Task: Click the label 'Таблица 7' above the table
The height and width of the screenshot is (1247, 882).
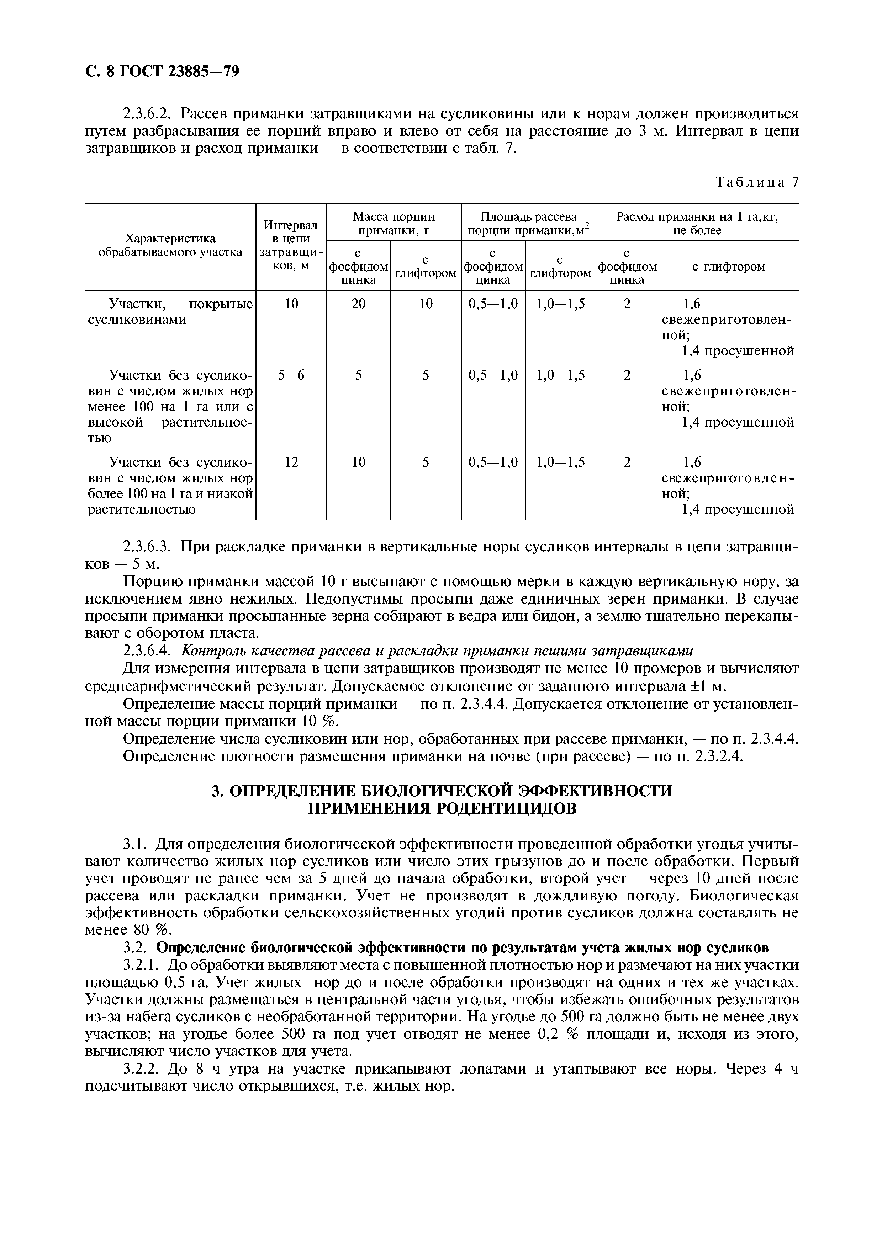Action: pyautogui.click(x=757, y=182)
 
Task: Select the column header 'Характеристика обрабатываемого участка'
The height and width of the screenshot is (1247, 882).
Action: pyautogui.click(x=170, y=246)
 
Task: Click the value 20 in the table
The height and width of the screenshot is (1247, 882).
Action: pyautogui.click(x=358, y=304)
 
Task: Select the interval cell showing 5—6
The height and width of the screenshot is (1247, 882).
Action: pyautogui.click(x=291, y=375)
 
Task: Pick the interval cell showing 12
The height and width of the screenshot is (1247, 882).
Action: pyautogui.click(x=291, y=462)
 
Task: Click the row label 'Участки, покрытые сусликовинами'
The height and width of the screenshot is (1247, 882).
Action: pyautogui.click(x=170, y=312)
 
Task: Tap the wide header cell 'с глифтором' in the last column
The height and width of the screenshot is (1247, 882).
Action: pyautogui.click(x=728, y=267)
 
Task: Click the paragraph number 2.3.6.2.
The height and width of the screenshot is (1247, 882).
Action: pyautogui.click(x=148, y=114)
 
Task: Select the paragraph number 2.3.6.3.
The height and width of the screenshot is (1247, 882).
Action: pyautogui.click(x=148, y=546)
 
